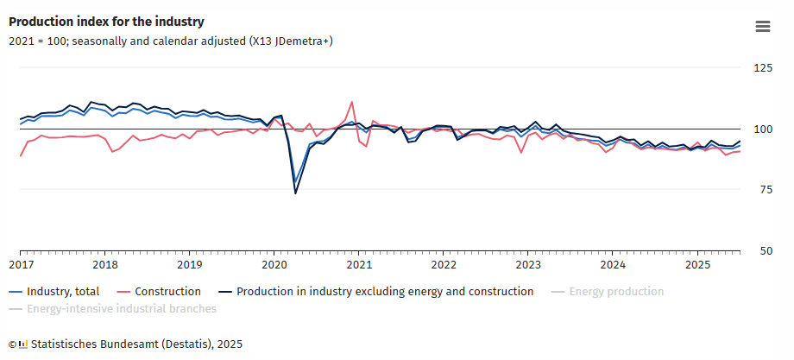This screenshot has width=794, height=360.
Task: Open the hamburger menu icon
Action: coord(762,27)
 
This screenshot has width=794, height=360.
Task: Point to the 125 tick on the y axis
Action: coord(762,68)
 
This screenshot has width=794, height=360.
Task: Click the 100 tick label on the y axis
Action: coord(762,129)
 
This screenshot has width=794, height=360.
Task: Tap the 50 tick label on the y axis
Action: coord(765,252)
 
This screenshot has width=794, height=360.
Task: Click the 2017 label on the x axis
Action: coord(21,264)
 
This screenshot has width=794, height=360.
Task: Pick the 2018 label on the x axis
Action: coord(105,264)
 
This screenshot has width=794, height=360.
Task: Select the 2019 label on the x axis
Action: coord(190,264)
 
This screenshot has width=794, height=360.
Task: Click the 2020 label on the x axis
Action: coord(274,264)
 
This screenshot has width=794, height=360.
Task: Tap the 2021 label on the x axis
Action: coord(359,264)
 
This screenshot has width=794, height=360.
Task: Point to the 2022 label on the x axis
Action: coord(444,264)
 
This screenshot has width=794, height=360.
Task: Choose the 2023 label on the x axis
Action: coord(528,264)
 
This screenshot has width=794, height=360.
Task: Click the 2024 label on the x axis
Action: coord(613,264)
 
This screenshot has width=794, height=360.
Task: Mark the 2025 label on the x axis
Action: coord(697,264)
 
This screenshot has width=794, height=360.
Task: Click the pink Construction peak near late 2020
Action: coord(351,102)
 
